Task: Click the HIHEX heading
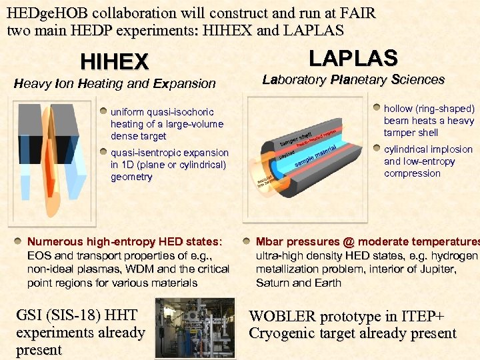point(114,62)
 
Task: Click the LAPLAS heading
point(353,58)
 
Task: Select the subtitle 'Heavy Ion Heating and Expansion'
point(115,84)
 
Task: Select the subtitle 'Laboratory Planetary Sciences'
point(353,80)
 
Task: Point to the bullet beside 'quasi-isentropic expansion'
point(103,152)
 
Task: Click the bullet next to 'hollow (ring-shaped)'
point(377,107)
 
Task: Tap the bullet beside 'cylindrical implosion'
point(377,149)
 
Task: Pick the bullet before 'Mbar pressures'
point(247,241)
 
